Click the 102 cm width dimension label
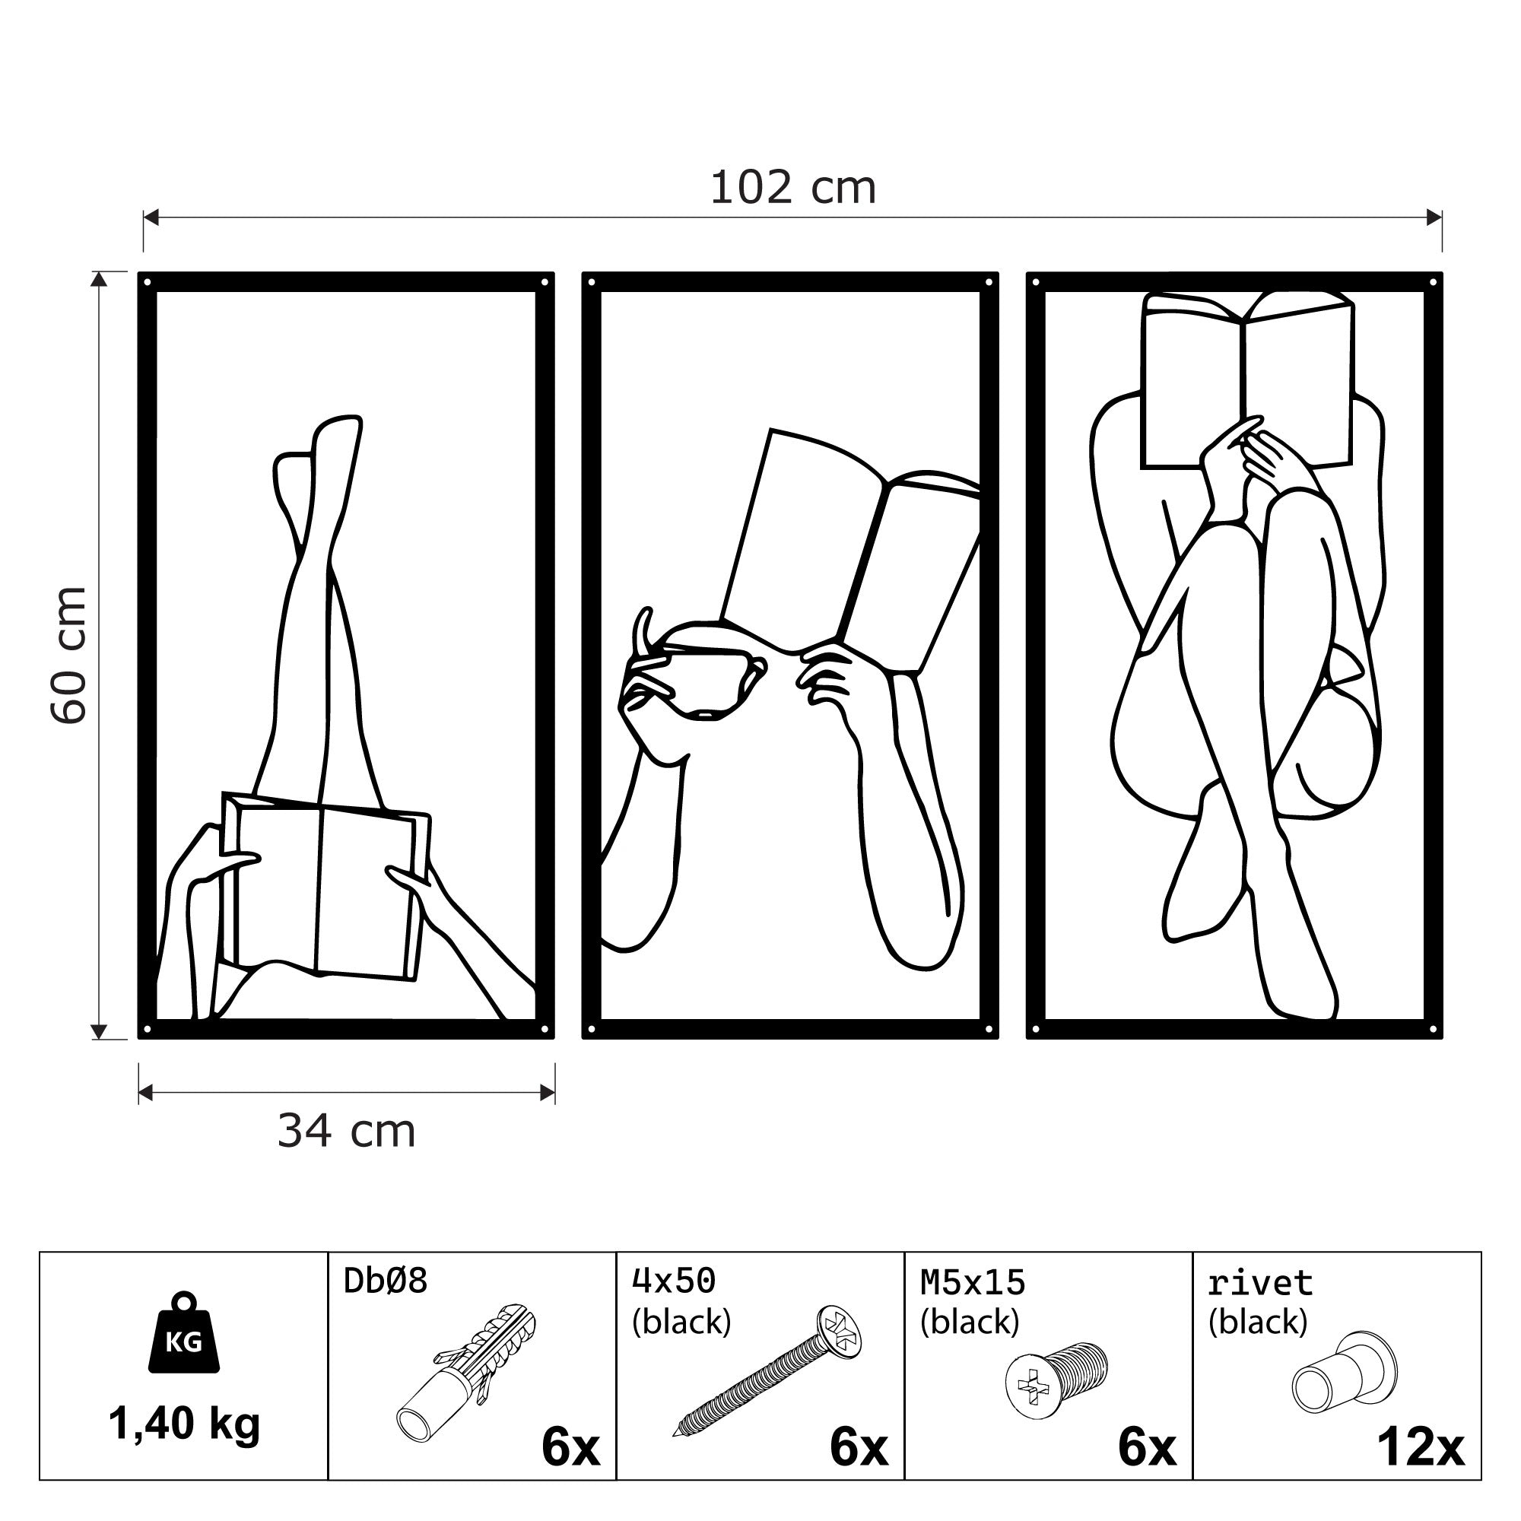click(792, 189)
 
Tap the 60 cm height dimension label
click(69, 654)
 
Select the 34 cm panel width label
click(345, 1132)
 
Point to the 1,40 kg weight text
click(183, 1424)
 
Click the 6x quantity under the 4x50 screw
click(858, 1448)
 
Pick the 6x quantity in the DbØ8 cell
click(570, 1448)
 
